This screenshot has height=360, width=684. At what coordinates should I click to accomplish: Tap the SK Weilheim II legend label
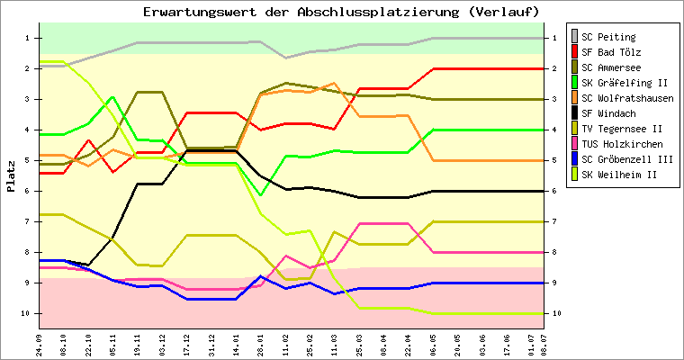coord(619,175)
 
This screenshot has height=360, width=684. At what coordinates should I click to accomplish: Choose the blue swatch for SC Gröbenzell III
coord(575,159)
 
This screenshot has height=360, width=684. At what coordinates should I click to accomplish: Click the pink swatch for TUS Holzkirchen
coord(575,144)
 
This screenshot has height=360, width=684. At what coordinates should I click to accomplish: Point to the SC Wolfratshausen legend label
coord(627,98)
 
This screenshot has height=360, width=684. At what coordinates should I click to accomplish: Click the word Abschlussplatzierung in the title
coord(378,12)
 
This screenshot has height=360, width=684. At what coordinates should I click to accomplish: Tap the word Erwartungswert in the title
coord(200,12)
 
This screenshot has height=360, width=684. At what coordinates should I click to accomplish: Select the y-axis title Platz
coord(11,176)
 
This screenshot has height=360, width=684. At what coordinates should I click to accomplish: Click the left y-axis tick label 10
coord(25,313)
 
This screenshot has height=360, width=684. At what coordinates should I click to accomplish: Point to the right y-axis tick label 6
coord(554,191)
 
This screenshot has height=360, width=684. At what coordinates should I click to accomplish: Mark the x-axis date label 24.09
coord(40,346)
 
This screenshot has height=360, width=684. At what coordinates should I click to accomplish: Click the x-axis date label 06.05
coord(433,346)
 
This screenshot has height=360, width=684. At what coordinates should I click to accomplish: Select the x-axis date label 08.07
coord(544,346)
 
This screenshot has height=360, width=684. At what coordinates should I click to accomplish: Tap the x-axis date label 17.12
coord(187,346)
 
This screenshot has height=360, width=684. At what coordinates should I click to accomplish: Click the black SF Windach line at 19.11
coord(138,184)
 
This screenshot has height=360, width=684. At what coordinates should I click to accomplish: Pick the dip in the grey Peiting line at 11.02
coord(285,58)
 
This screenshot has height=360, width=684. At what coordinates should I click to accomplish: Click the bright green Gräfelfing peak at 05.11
coord(113,97)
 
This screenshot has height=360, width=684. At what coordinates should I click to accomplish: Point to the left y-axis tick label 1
coord(27,38)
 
